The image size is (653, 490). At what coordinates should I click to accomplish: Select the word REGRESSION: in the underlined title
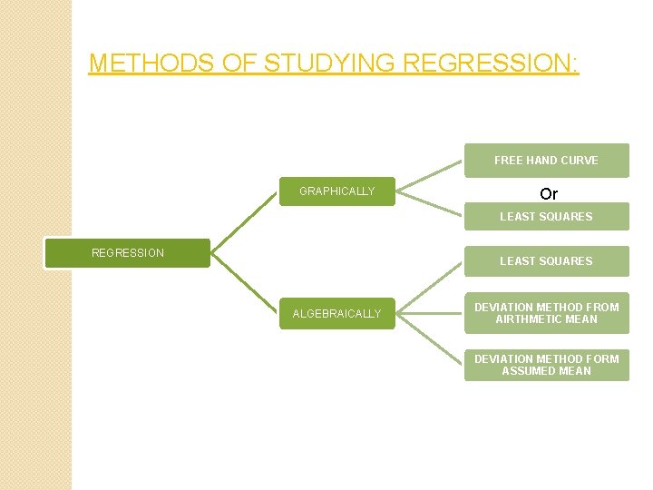click(490, 64)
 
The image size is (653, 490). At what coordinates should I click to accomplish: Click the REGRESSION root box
click(128, 253)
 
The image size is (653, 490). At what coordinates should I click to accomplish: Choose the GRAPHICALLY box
click(336, 191)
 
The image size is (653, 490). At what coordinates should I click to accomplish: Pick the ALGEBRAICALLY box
click(336, 314)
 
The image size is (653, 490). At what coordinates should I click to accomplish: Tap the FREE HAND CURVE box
click(546, 161)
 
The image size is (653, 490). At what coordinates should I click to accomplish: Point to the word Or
click(549, 194)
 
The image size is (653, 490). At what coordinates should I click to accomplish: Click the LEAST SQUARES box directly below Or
click(546, 217)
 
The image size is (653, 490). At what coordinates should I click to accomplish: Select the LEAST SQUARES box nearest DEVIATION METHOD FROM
click(546, 261)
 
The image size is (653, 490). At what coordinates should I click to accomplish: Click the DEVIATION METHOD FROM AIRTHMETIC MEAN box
click(546, 313)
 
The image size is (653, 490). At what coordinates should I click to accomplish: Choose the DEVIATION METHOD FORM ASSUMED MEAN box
click(546, 365)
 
